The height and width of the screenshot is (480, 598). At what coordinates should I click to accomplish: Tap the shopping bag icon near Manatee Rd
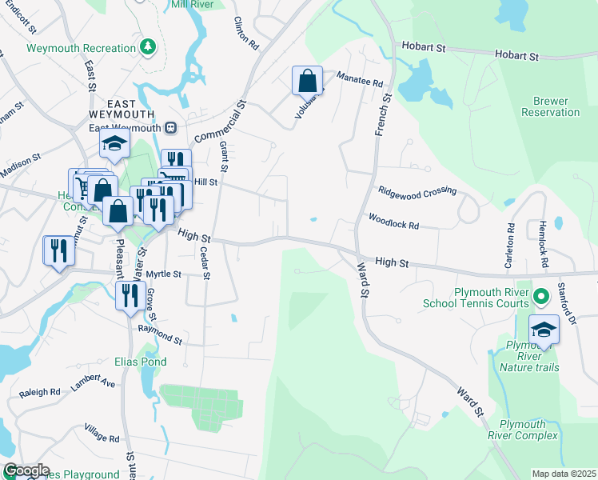tap(307, 81)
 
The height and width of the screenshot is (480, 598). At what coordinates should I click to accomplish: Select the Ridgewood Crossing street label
tap(417, 191)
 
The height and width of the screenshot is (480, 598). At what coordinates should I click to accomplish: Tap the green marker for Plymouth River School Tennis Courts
tap(540, 298)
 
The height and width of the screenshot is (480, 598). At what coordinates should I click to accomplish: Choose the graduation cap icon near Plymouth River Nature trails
tap(544, 330)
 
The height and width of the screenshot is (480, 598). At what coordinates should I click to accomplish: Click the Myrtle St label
tap(165, 274)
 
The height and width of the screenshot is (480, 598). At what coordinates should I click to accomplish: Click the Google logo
tap(26, 470)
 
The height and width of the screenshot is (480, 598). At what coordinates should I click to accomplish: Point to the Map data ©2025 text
tap(563, 474)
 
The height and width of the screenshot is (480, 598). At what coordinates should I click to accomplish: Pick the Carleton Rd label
tap(509, 245)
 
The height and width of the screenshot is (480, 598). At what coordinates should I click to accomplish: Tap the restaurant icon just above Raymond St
tap(128, 295)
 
